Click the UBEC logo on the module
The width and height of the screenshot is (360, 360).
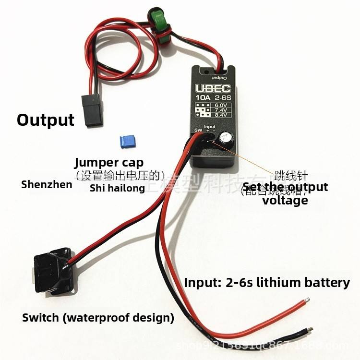[212, 90]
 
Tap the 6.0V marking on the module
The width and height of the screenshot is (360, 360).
[221, 104]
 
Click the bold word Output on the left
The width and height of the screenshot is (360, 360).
[46, 120]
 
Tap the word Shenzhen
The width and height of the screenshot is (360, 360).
[47, 184]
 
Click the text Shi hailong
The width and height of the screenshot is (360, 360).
[117, 188]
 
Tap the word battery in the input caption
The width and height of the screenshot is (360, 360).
[327, 282]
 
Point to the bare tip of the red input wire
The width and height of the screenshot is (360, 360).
[305, 301]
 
